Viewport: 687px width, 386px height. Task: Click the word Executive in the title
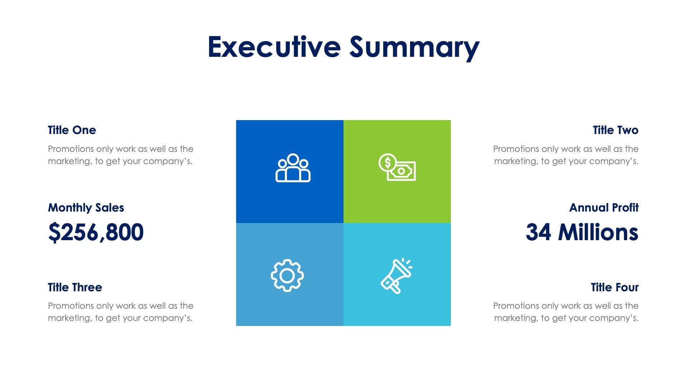[x=274, y=47]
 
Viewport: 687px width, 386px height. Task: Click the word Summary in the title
[x=414, y=48]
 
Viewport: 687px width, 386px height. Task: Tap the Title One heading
[x=72, y=130]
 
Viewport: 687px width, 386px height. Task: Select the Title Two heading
[x=615, y=130]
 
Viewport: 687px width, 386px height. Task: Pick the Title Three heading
[x=75, y=287]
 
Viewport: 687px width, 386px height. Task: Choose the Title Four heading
[x=615, y=287]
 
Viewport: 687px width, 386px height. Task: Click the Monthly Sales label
[x=86, y=208]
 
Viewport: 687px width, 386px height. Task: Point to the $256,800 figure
[x=96, y=232]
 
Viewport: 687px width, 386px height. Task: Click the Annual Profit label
[x=604, y=208]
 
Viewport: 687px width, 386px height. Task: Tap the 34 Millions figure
[x=582, y=232]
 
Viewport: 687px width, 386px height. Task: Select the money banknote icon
[x=397, y=167]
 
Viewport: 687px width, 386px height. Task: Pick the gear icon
[x=287, y=276]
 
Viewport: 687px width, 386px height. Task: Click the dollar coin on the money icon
[x=387, y=163]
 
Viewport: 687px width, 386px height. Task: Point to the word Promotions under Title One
[x=71, y=149]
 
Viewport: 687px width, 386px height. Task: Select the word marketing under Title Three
[x=70, y=318]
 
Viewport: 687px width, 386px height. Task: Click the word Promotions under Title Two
[x=516, y=149]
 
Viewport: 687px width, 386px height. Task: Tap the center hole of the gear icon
[x=287, y=276]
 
